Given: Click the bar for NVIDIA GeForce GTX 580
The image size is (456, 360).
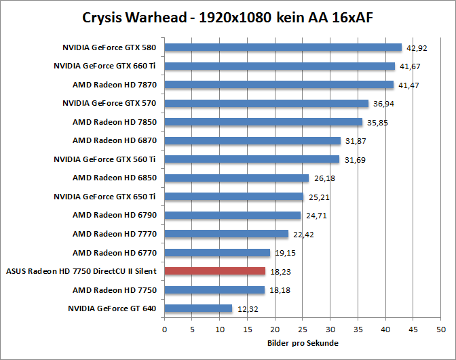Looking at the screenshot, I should [x=283, y=47].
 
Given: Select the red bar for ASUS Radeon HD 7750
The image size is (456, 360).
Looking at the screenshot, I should [x=214, y=271].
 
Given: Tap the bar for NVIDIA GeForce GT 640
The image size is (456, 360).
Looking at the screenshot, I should [x=198, y=308].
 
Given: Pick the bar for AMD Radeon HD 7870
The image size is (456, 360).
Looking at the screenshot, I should [x=279, y=85].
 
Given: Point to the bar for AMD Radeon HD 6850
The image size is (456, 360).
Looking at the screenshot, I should [x=237, y=178].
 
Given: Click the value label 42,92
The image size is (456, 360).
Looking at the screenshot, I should [x=416, y=48].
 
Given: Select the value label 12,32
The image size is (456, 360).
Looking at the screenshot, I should [x=246, y=309].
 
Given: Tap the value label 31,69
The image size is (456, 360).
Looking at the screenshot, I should [x=354, y=160].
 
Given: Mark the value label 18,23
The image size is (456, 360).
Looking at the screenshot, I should [x=279, y=272].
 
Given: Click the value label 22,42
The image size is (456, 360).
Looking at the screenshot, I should [x=302, y=235].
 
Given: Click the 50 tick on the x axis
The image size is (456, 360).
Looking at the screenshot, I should [x=441, y=329].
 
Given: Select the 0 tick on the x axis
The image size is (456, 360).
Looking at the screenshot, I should [x=164, y=329].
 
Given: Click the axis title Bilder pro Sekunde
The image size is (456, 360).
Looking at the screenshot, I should [x=303, y=343].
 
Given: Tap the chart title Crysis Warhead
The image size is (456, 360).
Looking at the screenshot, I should [x=227, y=17].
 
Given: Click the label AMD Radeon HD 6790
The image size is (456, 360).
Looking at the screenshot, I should [x=115, y=215].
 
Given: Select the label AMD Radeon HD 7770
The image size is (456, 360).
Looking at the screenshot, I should [x=115, y=234].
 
